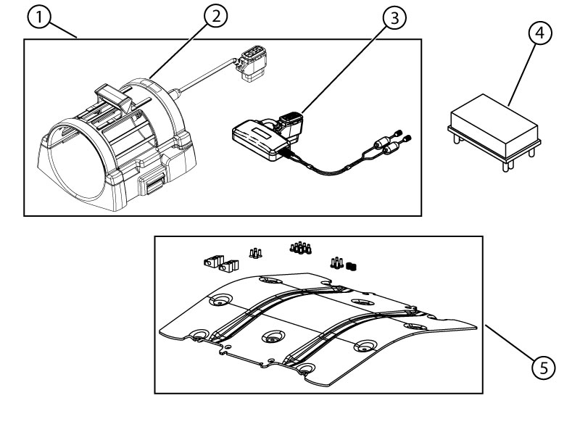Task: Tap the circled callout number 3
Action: click(392, 19)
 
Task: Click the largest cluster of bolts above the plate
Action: click(301, 249)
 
